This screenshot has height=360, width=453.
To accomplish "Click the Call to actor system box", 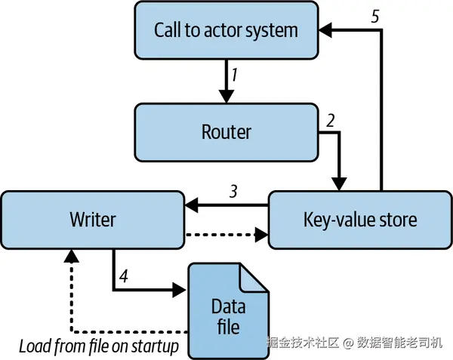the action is point(226,30).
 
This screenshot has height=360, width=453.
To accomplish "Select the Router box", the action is point(226,132).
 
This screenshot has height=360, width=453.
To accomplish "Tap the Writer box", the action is point(92,220).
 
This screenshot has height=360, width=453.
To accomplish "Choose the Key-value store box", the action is point(360,220).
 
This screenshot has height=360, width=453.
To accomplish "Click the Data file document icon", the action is point(228,311).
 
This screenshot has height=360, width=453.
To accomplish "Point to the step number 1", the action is point(234,75).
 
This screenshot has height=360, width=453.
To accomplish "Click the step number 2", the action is point(330,121).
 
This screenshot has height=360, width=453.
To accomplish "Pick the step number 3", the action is point(233,191).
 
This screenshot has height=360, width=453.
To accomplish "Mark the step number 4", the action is point(124,276).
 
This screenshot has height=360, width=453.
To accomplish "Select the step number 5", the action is point(374,17).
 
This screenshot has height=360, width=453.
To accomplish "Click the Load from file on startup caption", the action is point(99,346).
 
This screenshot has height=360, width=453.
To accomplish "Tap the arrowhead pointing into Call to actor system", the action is point(325,29).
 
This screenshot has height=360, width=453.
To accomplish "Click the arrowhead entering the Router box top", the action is point(226,96).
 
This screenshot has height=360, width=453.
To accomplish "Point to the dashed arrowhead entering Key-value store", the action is point(262,235).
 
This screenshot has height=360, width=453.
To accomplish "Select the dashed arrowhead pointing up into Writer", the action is point(72,256).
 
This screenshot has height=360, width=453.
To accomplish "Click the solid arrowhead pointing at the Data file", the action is point(179,290).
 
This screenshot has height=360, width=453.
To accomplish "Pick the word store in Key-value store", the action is point(398,220).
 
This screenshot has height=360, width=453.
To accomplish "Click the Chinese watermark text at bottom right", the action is point(354,343).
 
